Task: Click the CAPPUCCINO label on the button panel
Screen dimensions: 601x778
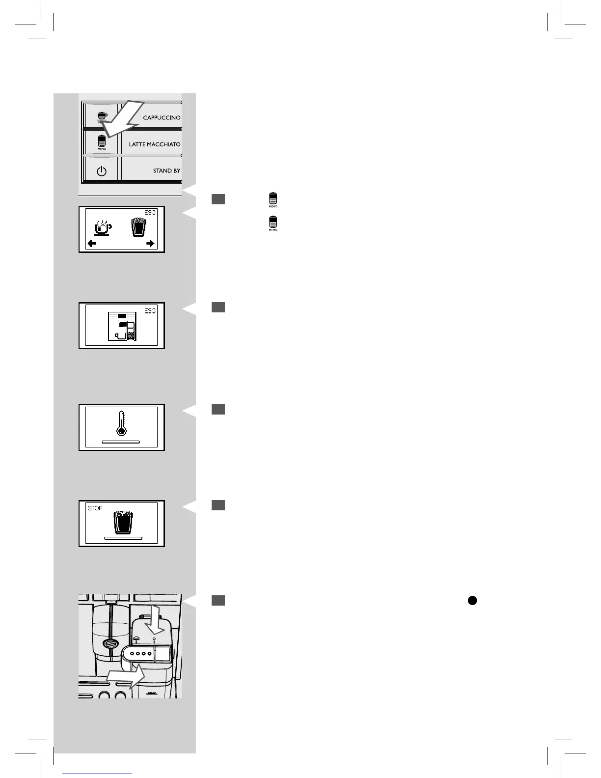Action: click(x=162, y=118)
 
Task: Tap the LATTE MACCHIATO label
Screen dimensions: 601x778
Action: click(x=155, y=144)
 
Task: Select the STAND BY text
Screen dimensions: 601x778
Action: click(x=166, y=171)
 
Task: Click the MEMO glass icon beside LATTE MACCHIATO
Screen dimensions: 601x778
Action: click(x=102, y=142)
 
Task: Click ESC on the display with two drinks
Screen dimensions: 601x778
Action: click(x=150, y=213)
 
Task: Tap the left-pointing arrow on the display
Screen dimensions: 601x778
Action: click(x=92, y=244)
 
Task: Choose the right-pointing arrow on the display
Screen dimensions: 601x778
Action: click(x=150, y=244)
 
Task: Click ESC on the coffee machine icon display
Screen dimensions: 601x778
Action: click(x=150, y=310)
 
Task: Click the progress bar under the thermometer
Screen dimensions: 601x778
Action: click(x=121, y=442)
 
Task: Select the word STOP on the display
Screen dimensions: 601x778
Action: click(x=95, y=508)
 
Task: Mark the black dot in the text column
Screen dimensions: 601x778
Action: click(x=472, y=600)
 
